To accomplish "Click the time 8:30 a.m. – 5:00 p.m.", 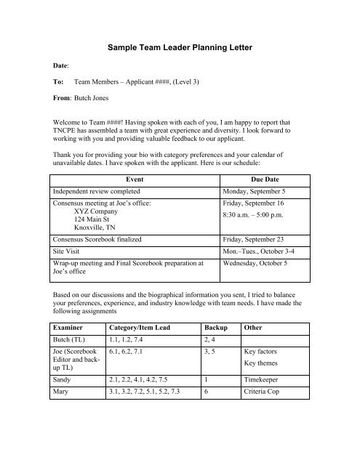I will pyautogui.click(x=258, y=216).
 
